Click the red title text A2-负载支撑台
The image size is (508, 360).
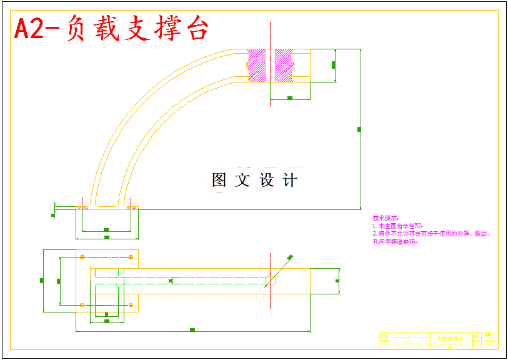coord(111,29)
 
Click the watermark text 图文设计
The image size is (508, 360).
coord(255,180)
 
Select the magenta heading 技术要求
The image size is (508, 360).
coord(385,217)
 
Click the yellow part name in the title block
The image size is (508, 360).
coord(446,337)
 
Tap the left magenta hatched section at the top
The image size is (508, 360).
coord(256,64)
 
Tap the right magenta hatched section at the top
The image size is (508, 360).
coord(284,64)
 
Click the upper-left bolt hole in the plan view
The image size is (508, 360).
coord(82,257)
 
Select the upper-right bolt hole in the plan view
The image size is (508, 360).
coord(131,257)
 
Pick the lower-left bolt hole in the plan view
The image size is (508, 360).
coord(82,304)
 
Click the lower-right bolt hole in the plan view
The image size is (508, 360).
coord(131,304)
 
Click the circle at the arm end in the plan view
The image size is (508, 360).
coord(270,281)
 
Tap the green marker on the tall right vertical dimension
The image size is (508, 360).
coord(359,129)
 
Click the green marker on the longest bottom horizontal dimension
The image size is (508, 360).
coord(192,329)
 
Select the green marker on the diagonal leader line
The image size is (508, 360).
coord(290,257)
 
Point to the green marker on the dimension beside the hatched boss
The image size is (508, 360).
coord(334,64)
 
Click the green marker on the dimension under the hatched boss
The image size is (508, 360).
coord(290,98)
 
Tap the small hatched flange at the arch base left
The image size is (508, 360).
coord(82,207)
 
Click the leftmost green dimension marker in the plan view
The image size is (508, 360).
coord(42,281)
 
